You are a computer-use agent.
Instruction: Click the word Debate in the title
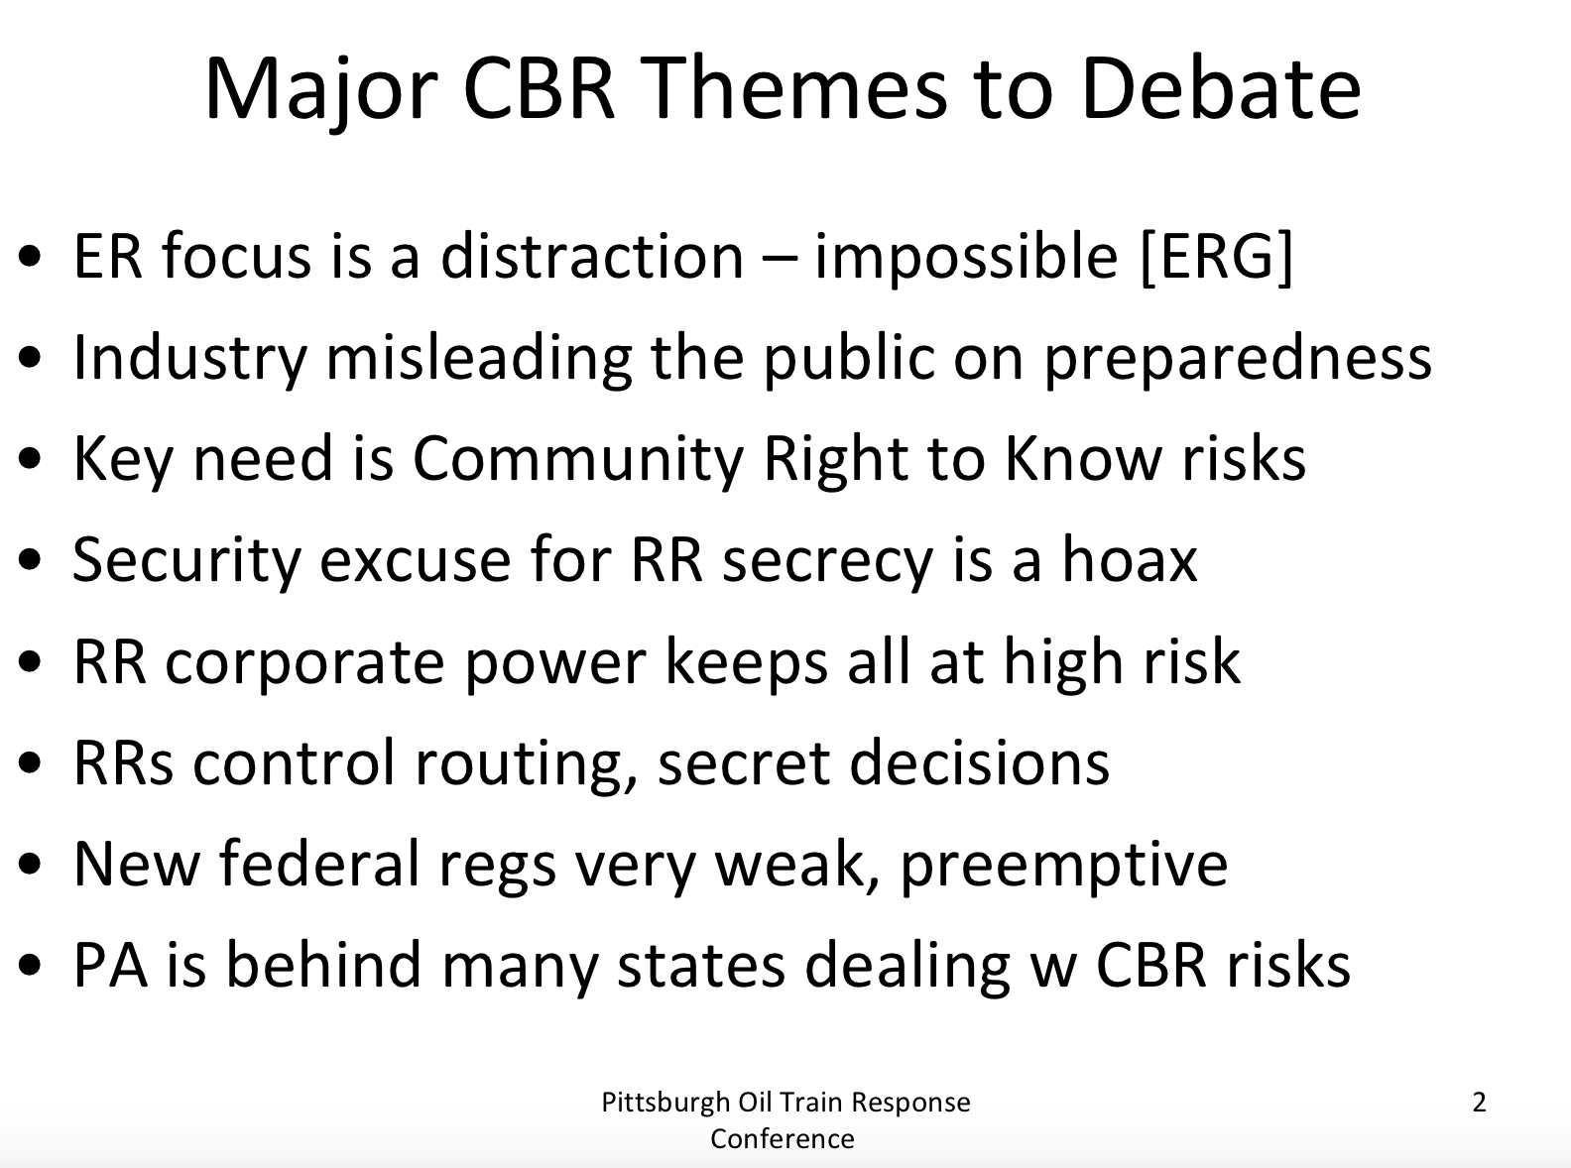tap(1220, 89)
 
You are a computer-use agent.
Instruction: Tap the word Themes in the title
tap(794, 89)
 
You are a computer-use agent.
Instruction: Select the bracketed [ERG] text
tap(1217, 257)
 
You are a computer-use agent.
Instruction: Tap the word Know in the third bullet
tap(1083, 458)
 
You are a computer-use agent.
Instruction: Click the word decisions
tap(980, 762)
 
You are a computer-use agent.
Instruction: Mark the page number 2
tap(1478, 1103)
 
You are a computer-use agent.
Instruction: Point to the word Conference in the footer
tap(782, 1139)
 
